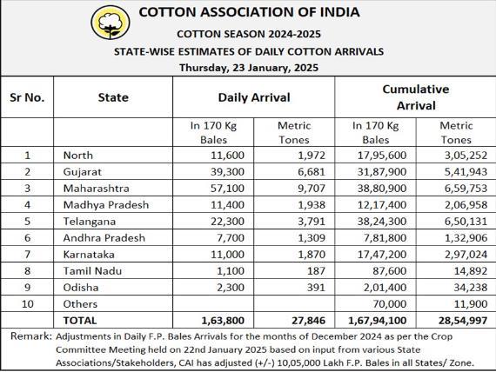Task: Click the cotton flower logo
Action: (111, 23)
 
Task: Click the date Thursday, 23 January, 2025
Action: (249, 68)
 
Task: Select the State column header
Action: (113, 97)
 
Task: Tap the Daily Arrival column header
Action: (254, 97)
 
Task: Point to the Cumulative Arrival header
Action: (416, 97)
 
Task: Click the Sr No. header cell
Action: (27, 97)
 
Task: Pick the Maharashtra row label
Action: (97, 189)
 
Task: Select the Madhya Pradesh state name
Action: (106, 205)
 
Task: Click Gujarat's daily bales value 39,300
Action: (227, 171)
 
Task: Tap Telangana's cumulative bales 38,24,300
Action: (382, 222)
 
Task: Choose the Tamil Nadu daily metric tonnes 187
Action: (316, 271)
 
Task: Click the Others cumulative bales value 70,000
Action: (389, 304)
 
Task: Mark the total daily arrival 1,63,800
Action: (223, 321)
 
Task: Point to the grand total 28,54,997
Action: (463, 321)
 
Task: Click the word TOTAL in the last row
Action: (80, 321)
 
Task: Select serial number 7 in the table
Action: (28, 255)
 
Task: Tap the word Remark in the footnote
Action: (30, 336)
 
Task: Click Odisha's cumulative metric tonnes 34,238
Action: (471, 288)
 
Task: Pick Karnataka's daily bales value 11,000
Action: (227, 255)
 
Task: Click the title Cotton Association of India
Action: (249, 12)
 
